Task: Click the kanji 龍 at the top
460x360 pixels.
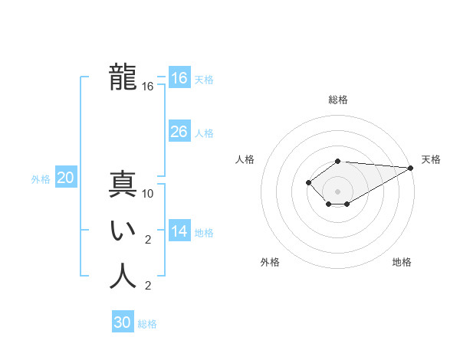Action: point(123,77)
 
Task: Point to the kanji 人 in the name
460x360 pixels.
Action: point(123,276)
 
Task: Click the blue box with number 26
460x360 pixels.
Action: point(179,132)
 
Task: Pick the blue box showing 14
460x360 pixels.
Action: point(179,231)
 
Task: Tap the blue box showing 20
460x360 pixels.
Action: point(66,178)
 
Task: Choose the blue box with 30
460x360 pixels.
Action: point(123,322)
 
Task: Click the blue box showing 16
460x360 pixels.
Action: point(179,78)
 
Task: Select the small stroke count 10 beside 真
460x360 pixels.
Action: point(148,194)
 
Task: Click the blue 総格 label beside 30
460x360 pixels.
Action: point(147,324)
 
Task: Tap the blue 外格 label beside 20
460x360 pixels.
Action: point(41,179)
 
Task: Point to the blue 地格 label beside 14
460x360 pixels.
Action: point(204,233)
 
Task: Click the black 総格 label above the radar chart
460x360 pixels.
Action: point(338,100)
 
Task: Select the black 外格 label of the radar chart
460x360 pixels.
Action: point(270,262)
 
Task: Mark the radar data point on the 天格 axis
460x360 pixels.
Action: point(411,168)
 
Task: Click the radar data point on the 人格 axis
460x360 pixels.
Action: point(308,182)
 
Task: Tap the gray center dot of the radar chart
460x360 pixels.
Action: point(338,191)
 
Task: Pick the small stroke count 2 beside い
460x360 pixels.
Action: point(148,240)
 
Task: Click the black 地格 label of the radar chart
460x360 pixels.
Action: point(402,262)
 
